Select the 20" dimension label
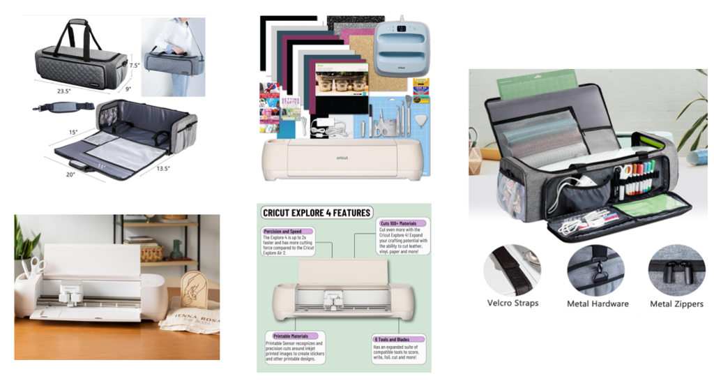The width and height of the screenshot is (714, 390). click(x=70, y=174)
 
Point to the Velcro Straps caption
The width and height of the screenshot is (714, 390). click(x=512, y=303)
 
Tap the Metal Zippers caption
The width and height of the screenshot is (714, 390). click(x=676, y=303)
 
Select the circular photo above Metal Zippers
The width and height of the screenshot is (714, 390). click(x=676, y=270)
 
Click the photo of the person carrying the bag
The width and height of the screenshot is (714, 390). click(x=173, y=57)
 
